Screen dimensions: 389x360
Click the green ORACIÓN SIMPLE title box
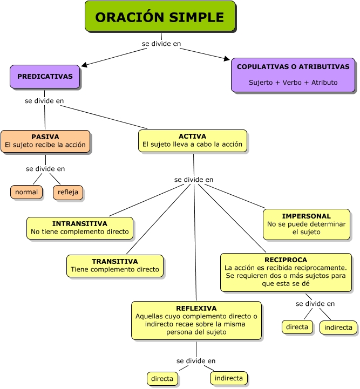tap(160, 16)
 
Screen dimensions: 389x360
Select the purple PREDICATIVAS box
tap(45, 77)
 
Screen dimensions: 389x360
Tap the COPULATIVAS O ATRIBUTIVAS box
tap(293, 74)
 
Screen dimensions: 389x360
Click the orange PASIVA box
tap(45, 141)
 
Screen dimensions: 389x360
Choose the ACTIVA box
tap(193, 140)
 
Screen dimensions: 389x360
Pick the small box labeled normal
tap(26, 192)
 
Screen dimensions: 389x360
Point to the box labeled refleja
tap(69, 192)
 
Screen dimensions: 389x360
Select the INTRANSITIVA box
tap(80, 228)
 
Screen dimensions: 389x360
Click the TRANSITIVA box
tap(115, 265)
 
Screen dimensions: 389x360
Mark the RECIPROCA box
tap(286, 272)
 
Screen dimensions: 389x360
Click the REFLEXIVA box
tap(196, 320)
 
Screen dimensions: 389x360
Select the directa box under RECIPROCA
tap(297, 327)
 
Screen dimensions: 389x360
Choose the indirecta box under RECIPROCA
tap(338, 327)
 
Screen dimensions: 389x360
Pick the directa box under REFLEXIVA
tap(162, 379)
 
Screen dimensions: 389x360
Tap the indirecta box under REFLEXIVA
tap(229, 378)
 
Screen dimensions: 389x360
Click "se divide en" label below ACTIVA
tap(194, 179)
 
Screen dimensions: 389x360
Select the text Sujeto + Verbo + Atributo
tap(293, 83)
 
